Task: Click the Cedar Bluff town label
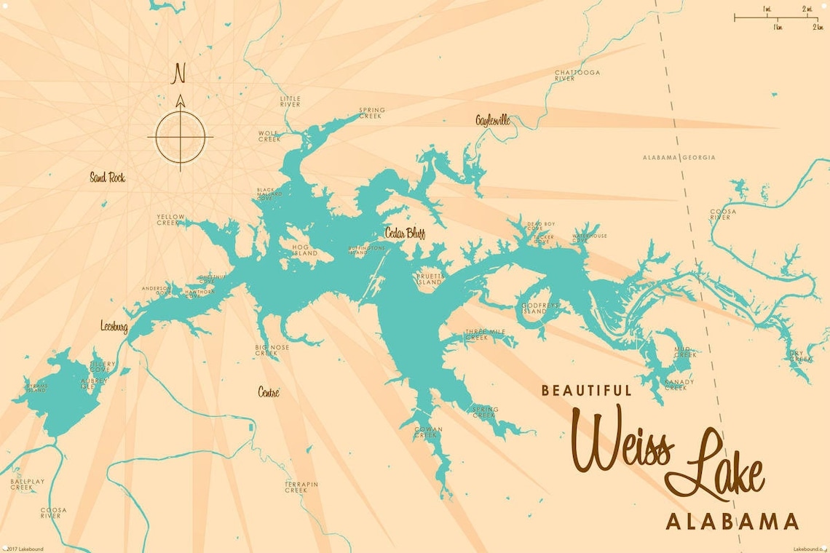click(x=405, y=233)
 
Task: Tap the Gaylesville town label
click(x=493, y=120)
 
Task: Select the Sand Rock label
click(x=107, y=177)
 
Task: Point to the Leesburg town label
click(x=114, y=327)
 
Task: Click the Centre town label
click(x=268, y=392)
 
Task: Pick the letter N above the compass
click(x=179, y=73)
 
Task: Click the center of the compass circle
click(x=180, y=136)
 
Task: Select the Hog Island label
click(x=305, y=250)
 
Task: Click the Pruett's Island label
click(x=430, y=279)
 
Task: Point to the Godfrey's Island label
click(x=539, y=309)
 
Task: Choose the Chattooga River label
click(x=577, y=76)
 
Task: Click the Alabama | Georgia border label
click(x=679, y=157)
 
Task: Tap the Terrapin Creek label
click(x=296, y=487)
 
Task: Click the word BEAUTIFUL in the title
click(x=586, y=391)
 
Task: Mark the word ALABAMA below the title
click(x=732, y=522)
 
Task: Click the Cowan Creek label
click(x=428, y=432)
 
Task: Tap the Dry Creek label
click(x=801, y=356)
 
